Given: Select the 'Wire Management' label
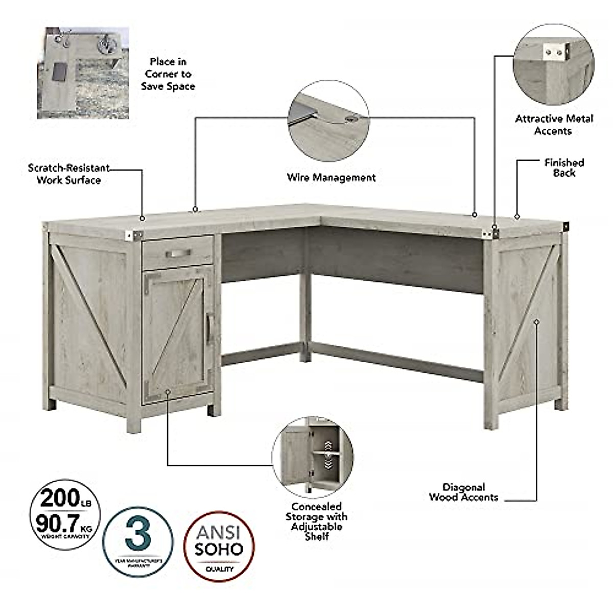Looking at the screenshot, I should tap(331, 178).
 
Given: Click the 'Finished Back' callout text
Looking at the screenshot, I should tap(564, 168).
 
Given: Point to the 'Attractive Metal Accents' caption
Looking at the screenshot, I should tap(554, 125).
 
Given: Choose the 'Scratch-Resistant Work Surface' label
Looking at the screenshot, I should tap(68, 174).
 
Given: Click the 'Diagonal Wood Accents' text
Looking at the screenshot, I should tap(463, 492).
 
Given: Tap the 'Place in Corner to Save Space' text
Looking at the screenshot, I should tap(168, 74).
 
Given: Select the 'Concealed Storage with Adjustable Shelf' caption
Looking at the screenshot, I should tap(317, 521).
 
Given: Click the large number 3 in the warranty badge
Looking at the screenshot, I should tap(137, 533).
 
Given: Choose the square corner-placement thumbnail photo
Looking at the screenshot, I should tap(83, 73).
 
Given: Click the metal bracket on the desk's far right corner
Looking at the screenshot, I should tap(565, 225).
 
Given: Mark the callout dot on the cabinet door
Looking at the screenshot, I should tap(168, 391).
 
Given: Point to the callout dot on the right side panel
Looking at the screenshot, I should tap(536, 321).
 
